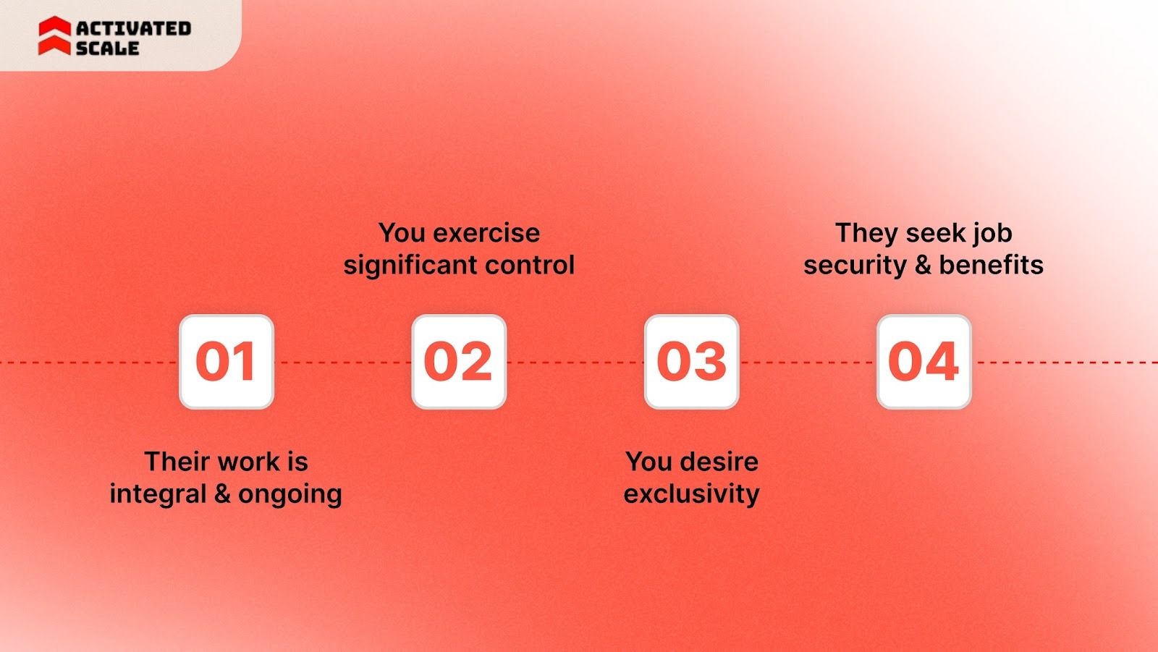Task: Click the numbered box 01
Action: tap(227, 362)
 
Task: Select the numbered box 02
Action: tap(459, 362)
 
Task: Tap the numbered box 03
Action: tap(691, 362)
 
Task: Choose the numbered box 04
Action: tap(924, 362)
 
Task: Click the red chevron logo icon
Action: tap(54, 36)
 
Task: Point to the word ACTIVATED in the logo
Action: tap(134, 28)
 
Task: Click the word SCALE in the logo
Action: tap(107, 48)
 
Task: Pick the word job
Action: tap(992, 234)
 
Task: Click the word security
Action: tap(855, 266)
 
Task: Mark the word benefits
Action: tap(992, 265)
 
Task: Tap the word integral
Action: tap(158, 494)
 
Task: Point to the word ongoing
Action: tap(290, 495)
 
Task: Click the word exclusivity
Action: tap(692, 494)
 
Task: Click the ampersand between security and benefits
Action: tap(923, 265)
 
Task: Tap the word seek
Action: tap(938, 233)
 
